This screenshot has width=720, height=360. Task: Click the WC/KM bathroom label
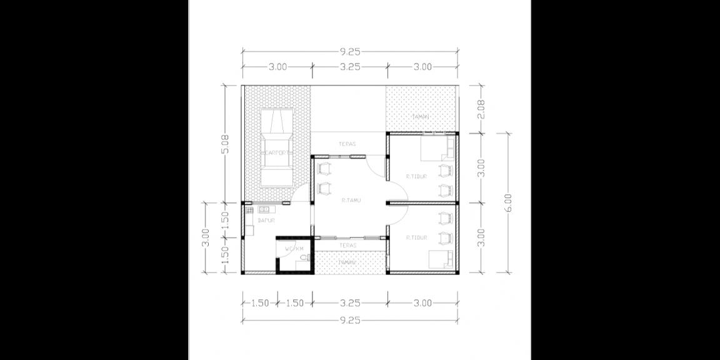pyautogui.click(x=294, y=248)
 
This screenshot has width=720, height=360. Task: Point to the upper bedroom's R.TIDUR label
pyautogui.click(x=416, y=177)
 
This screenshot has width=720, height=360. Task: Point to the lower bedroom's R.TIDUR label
pyautogui.click(x=416, y=237)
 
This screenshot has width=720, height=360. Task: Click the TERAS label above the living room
pyautogui.click(x=347, y=144)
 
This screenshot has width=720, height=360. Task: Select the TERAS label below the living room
pyautogui.click(x=347, y=246)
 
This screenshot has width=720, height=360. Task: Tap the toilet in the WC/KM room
pyautogui.click(x=304, y=257)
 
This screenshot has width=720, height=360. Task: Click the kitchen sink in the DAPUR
pyautogui.click(x=264, y=209)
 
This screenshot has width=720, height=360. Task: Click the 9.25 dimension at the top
pyautogui.click(x=350, y=51)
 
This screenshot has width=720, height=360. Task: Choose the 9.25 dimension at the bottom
pyautogui.click(x=350, y=320)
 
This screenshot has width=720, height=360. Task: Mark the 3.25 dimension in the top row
pyautogui.click(x=350, y=66)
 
